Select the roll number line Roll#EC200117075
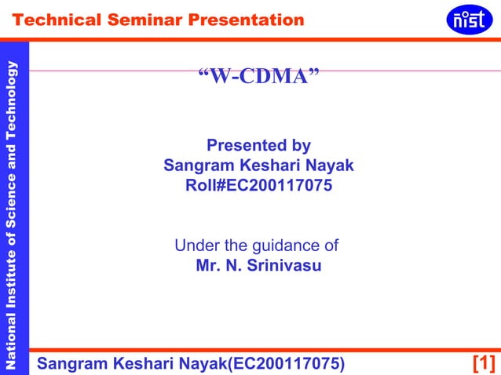(258, 187)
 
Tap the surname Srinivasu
(284, 266)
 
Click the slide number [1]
(483, 363)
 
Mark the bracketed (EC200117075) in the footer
(285, 363)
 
